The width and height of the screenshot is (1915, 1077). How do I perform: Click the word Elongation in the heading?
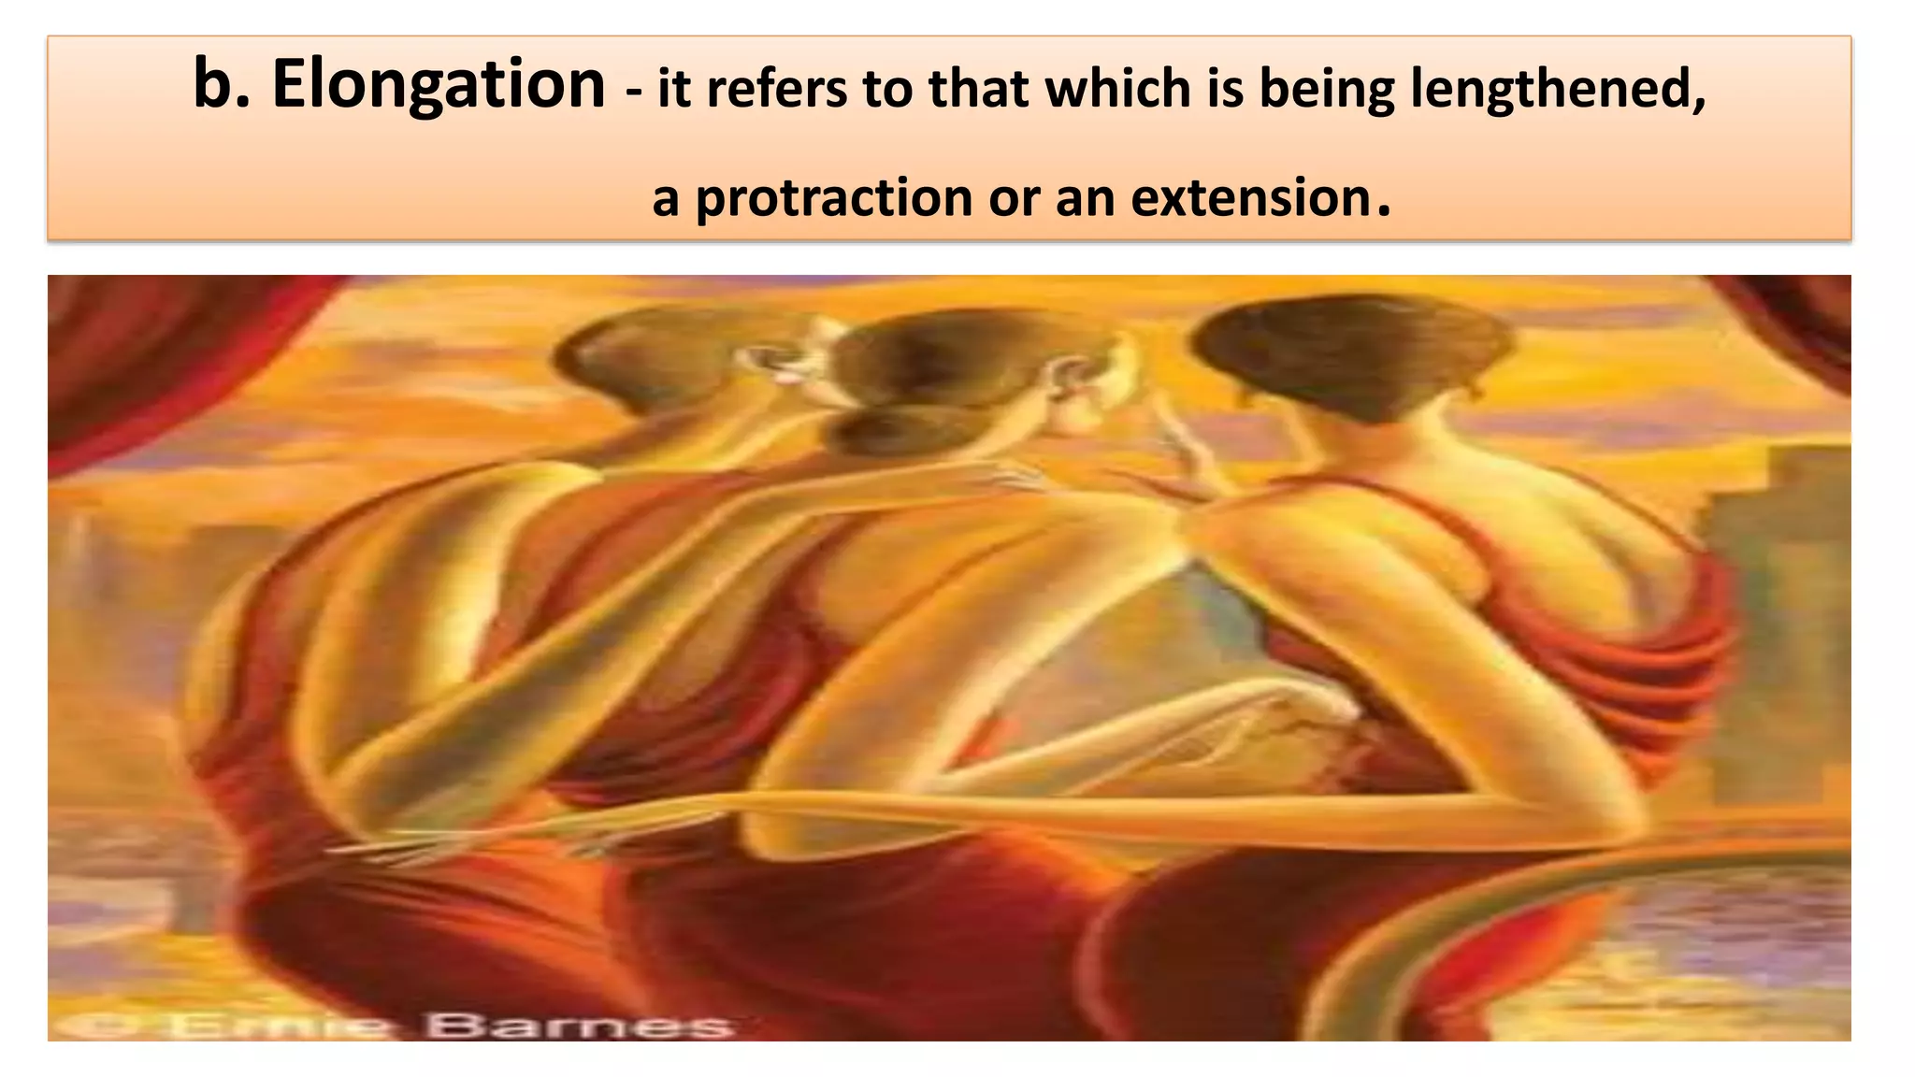click(x=438, y=85)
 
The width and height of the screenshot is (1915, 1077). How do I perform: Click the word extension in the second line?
click(x=1250, y=197)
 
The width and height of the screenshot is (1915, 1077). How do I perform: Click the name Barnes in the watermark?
click(x=579, y=1026)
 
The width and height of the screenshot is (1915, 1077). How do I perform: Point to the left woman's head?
click(x=645, y=365)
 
